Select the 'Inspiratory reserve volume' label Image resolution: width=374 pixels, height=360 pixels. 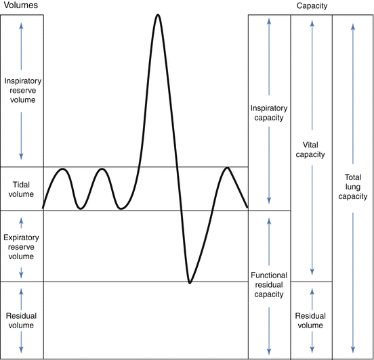coord(22,91)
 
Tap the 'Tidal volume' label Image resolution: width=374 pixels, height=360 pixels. coord(22,188)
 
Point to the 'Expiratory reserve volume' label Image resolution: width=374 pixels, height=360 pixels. coord(22,247)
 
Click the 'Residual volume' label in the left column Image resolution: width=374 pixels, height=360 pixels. coord(22,320)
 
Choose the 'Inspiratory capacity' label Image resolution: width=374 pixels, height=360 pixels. coord(269,112)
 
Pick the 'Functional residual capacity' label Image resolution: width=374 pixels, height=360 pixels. coord(269,285)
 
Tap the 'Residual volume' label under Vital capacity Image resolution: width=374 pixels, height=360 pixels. coord(311,320)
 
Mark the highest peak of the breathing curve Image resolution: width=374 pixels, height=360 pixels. coord(158,14)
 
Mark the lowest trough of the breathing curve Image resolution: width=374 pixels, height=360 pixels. coord(190,282)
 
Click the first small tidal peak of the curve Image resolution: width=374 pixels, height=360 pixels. coord(62,168)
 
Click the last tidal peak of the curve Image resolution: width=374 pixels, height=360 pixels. coord(227,168)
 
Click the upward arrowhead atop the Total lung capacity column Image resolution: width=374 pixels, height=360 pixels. coord(353,26)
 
